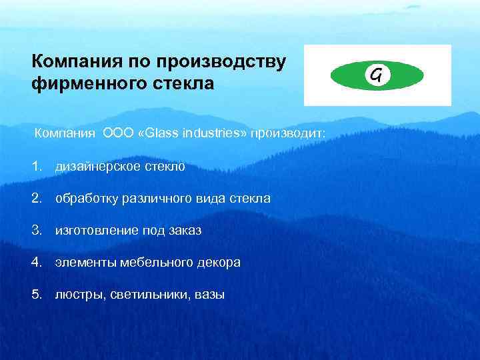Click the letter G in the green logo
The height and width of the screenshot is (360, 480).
pyautogui.click(x=377, y=75)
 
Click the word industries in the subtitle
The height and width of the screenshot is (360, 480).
pyautogui.click(x=210, y=133)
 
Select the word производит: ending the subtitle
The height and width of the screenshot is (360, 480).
pyautogui.click(x=288, y=133)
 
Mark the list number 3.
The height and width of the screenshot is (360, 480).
pyautogui.click(x=36, y=230)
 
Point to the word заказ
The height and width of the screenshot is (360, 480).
pyautogui.click(x=184, y=230)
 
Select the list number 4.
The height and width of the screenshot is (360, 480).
pyautogui.click(x=36, y=262)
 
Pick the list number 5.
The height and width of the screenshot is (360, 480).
pyautogui.click(x=36, y=294)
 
